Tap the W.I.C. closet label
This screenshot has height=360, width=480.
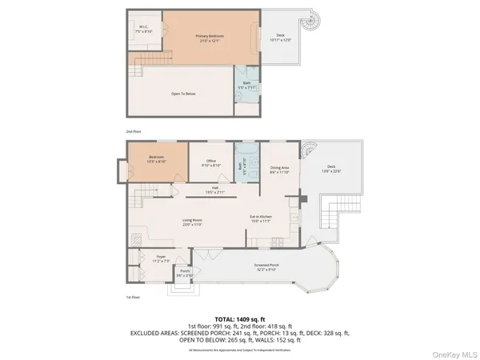click(145, 29)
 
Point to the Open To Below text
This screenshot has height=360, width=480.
click(183, 94)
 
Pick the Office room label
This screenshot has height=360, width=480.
click(211, 162)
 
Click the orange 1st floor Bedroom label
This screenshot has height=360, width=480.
click(156, 158)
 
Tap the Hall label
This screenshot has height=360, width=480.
click(215, 190)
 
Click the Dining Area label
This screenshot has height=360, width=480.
click(279, 169)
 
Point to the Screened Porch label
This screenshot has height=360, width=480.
click(266, 269)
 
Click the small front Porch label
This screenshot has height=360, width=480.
click(184, 274)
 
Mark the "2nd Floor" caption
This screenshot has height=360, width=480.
click(133, 130)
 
